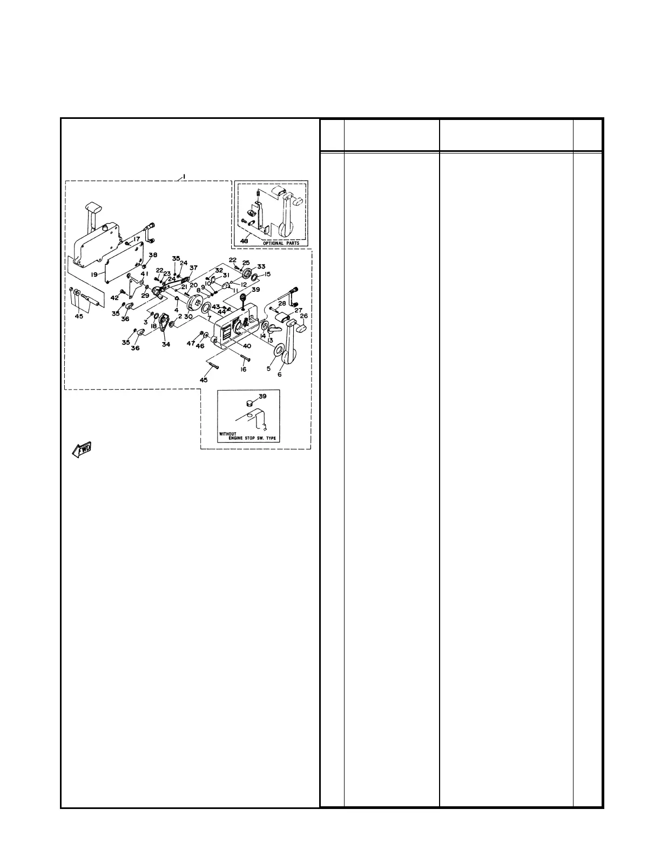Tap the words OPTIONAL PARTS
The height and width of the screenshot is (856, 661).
pos(280,243)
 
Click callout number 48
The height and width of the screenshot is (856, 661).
pos(245,242)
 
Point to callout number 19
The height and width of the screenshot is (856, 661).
pos(94,275)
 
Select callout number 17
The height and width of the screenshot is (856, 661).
pos(137,238)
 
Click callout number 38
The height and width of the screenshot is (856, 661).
pos(153,255)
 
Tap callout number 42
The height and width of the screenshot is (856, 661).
pos(114,298)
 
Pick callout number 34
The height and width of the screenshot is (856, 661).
pos(166,344)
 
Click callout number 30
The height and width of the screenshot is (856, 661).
pos(188,316)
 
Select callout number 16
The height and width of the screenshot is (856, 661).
pos(244,369)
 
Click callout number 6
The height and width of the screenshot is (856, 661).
pos(279,374)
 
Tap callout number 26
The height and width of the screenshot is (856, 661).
pos(303,316)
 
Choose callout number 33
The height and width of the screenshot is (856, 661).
pos(261,266)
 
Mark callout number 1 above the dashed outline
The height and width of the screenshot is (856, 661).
pos(184,176)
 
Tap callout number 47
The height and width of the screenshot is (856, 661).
pos(191,344)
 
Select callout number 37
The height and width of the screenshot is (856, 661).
pos(193,267)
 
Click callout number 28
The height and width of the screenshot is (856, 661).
pos(282,304)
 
